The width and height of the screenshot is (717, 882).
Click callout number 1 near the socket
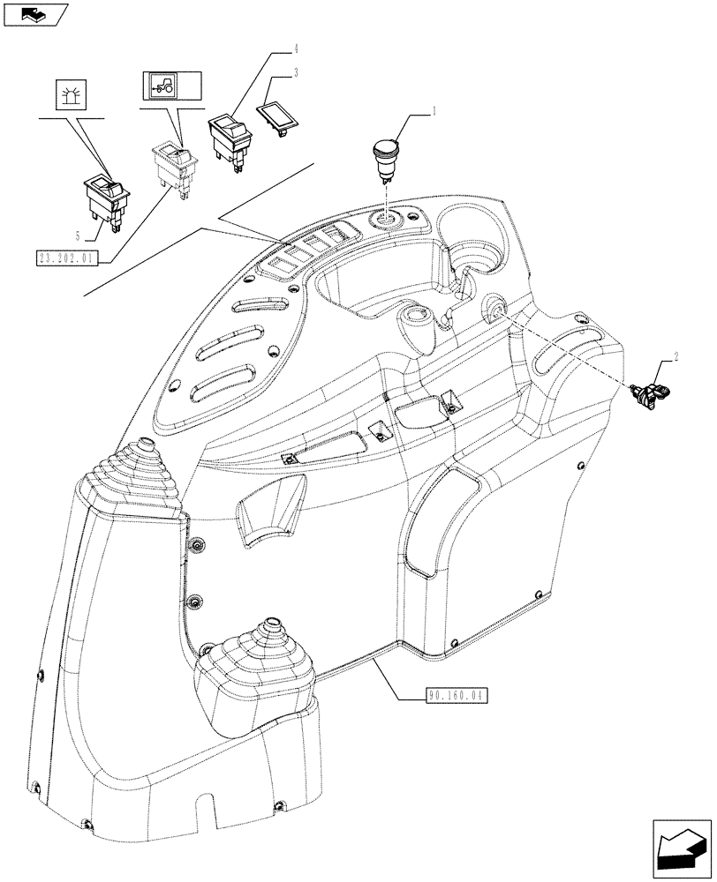point(434,112)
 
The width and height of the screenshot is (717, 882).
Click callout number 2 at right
point(676,357)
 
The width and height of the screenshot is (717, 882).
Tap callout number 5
point(79,235)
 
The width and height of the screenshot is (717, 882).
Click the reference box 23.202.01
point(68,258)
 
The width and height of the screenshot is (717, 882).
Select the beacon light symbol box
point(71,94)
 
